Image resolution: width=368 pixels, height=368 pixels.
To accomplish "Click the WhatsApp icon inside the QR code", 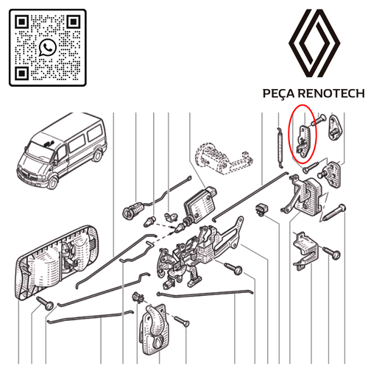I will [49, 47].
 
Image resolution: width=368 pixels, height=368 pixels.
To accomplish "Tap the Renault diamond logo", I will [314, 46].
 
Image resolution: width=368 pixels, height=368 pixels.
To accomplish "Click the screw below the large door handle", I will [48, 304].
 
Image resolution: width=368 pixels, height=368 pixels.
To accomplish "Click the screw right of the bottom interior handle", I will [183, 321].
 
